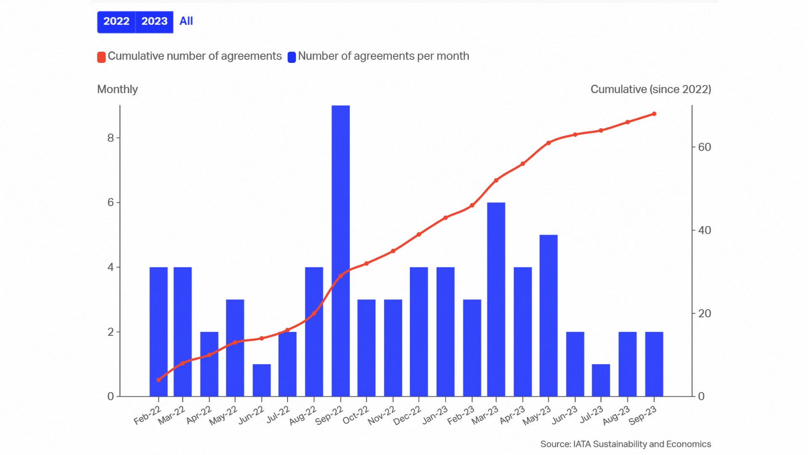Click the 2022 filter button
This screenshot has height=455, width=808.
[116, 21]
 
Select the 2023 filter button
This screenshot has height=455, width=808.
[154, 21]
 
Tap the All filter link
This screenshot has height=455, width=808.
[186, 21]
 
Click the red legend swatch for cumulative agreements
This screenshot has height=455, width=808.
[101, 57]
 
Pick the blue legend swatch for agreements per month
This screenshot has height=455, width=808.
[292, 57]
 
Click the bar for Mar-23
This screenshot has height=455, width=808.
[496, 299]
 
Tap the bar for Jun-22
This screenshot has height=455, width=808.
[262, 380]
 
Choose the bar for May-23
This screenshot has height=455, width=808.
[548, 316]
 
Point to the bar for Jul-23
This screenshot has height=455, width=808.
[601, 380]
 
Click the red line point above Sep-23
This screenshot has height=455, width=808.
[654, 114]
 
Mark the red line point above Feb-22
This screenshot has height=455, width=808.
[159, 380]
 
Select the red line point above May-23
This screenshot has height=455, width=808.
[548, 143]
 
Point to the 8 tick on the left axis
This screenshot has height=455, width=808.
[111, 138]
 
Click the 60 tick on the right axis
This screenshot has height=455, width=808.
[704, 147]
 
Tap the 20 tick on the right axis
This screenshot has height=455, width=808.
[704, 313]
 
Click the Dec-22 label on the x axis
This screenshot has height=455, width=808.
[407, 415]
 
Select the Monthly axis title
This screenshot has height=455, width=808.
[117, 89]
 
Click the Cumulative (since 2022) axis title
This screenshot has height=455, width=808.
[651, 89]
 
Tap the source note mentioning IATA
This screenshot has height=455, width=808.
[625, 444]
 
